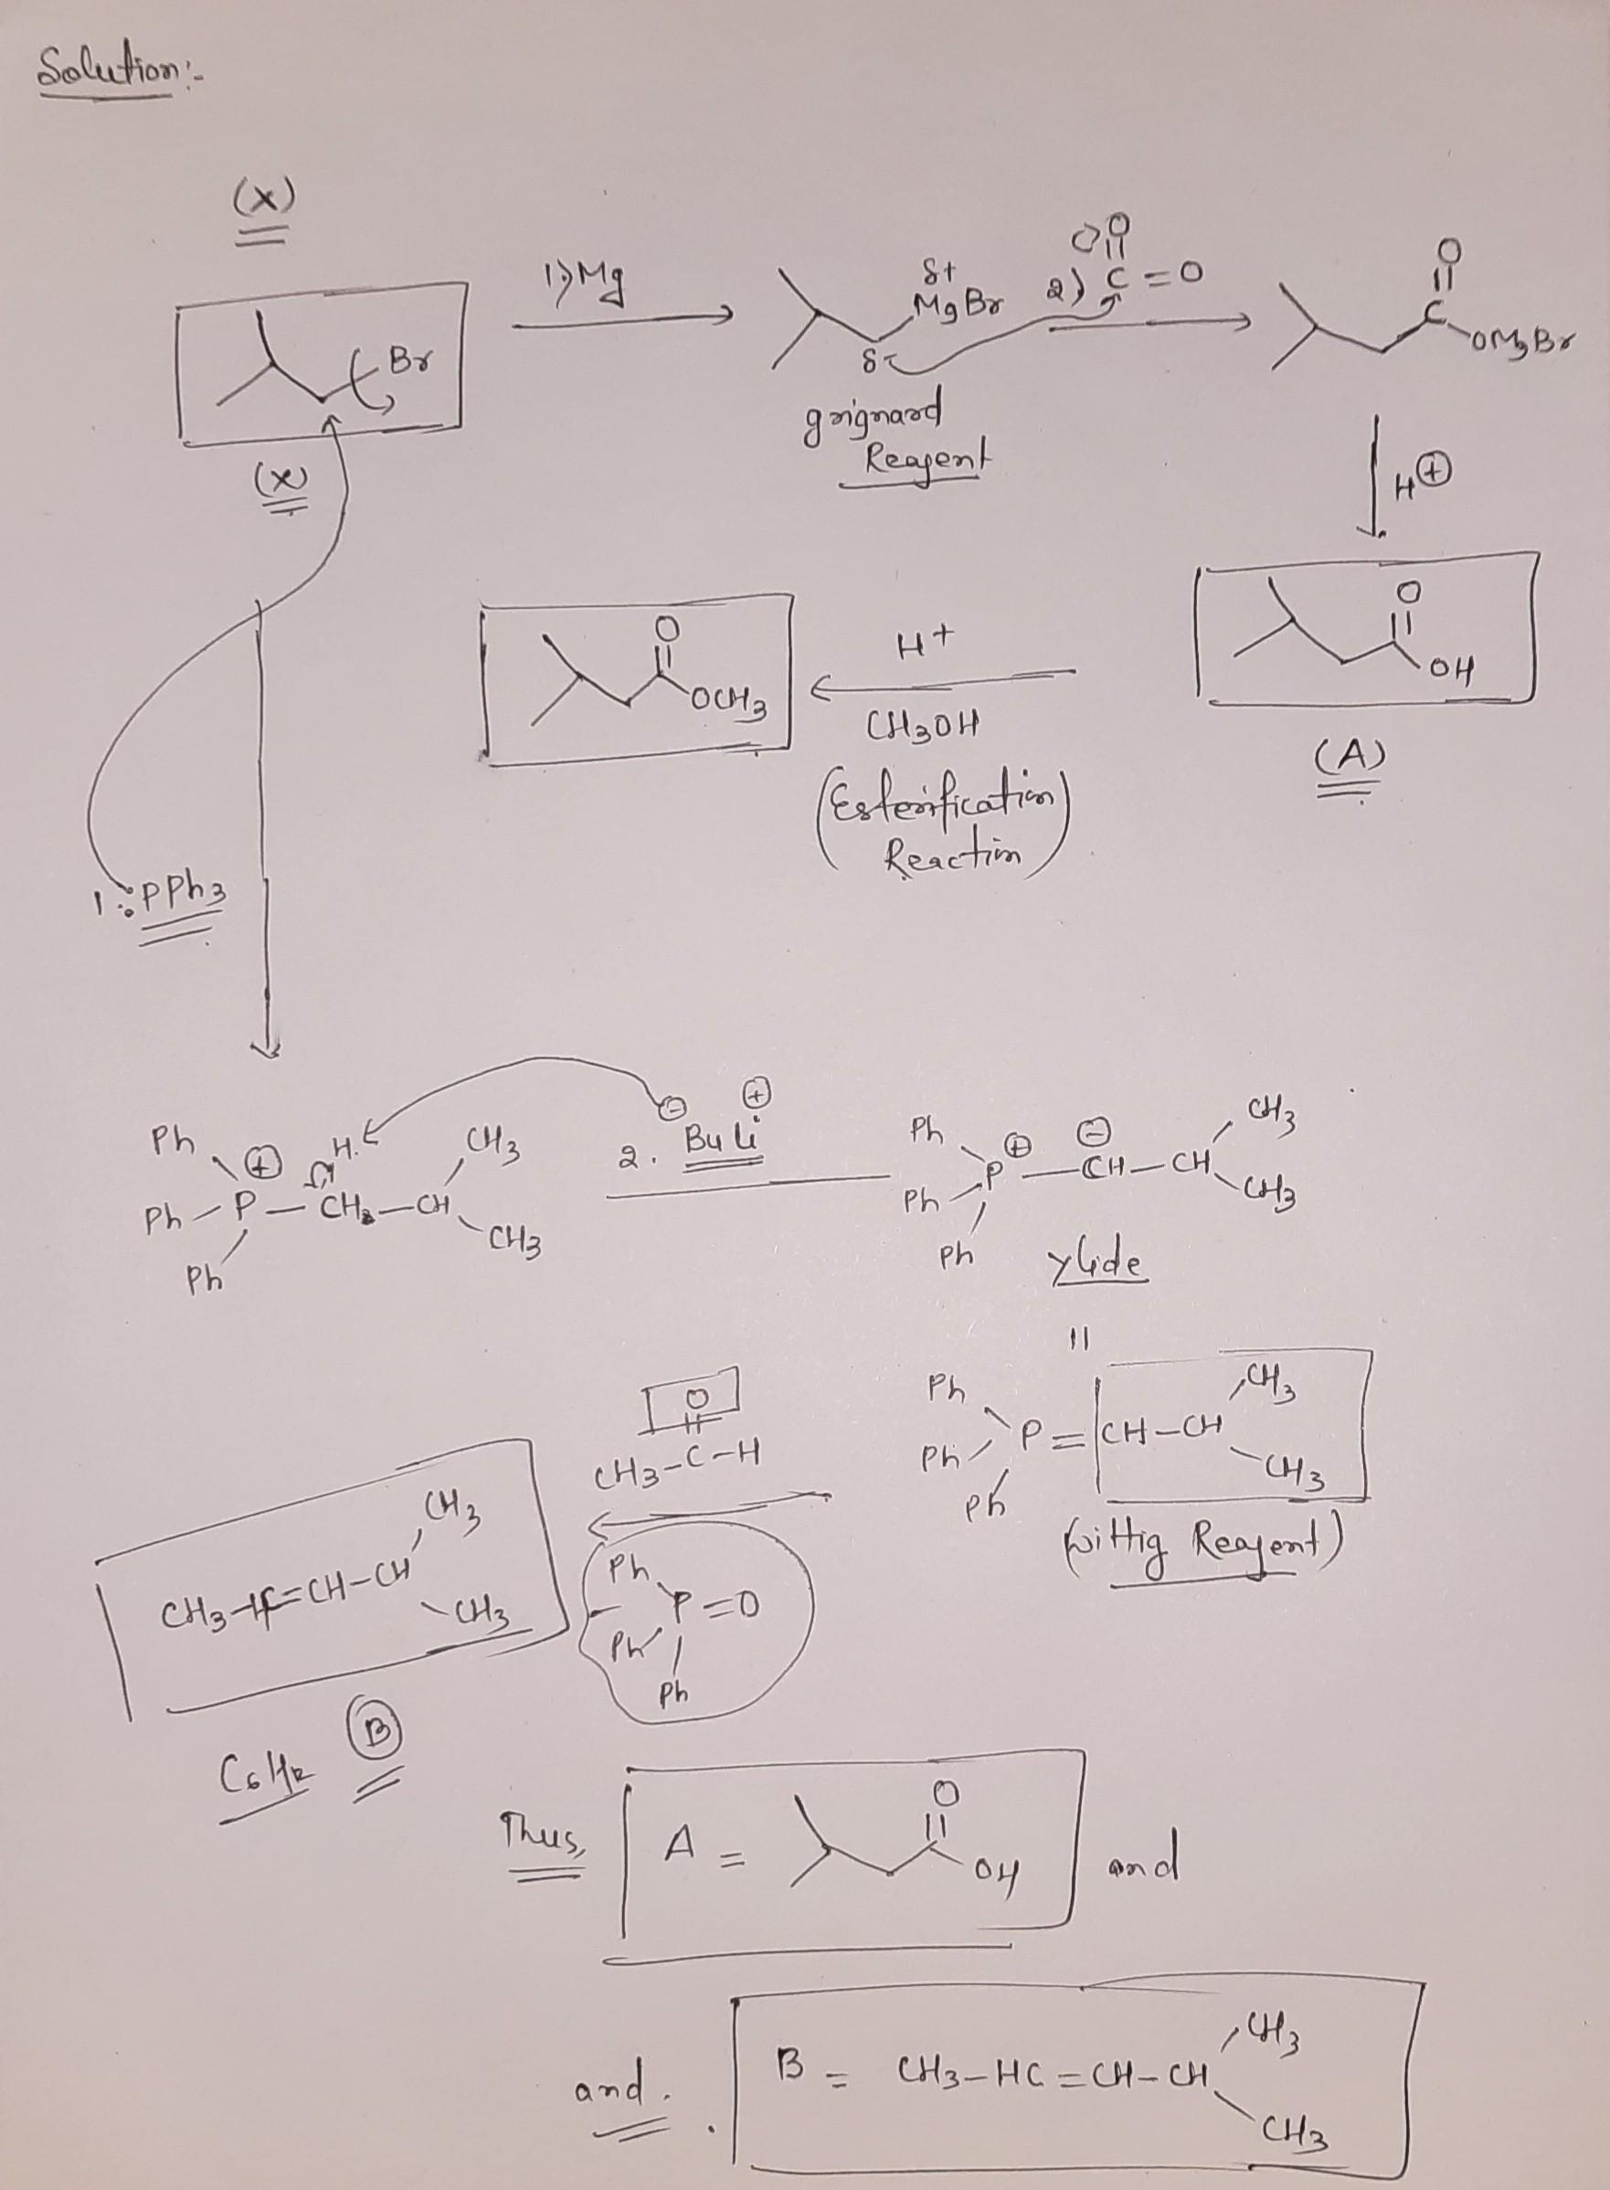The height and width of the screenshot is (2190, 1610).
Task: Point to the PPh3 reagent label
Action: coord(181,892)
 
